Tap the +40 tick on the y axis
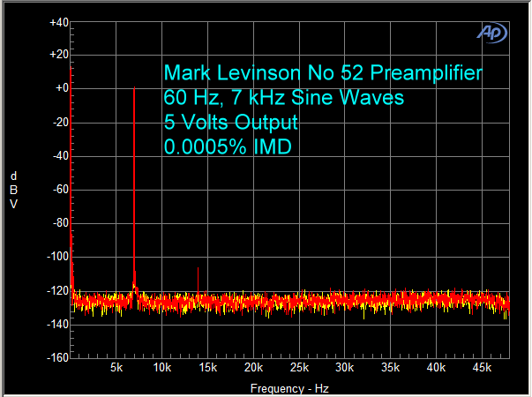click(x=59, y=22)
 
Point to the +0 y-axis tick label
click(x=61, y=89)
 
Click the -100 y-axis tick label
click(x=56, y=257)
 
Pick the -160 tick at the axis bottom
click(x=56, y=357)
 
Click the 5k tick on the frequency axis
click(x=116, y=366)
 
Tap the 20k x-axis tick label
click(x=253, y=366)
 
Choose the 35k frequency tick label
click(x=390, y=366)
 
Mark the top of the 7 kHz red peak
click(x=134, y=87)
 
